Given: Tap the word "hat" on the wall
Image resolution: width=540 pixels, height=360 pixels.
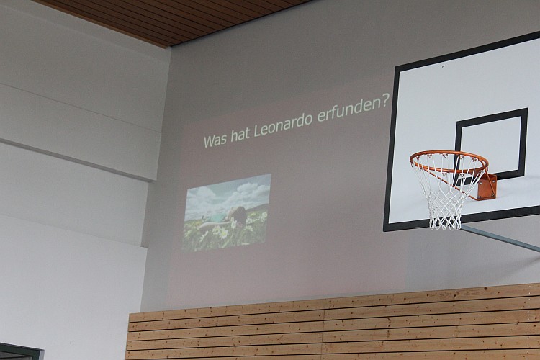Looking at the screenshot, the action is coord(240,135).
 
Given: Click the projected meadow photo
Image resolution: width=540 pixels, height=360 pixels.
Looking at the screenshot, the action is coord(226,212).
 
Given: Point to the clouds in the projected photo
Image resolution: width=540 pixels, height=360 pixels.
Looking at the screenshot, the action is coord(228,194).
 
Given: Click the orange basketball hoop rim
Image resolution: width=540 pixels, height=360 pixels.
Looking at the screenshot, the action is coord(449,154).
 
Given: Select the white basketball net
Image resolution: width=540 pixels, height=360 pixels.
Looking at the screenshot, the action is coord(444,197).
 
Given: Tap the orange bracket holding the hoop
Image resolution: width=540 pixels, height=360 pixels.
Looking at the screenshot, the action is coord(487,186).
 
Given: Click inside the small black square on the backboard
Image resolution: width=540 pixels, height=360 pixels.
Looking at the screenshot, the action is coord(492,145).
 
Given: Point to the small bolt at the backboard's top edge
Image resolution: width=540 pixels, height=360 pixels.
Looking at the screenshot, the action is coord(444,66).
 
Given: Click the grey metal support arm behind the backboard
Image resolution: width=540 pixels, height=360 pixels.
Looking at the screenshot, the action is coord(500,237).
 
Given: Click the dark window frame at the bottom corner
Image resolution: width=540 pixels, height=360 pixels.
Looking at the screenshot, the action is coord(22,351).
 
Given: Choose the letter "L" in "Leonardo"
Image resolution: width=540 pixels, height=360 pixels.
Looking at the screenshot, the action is coord(258,131).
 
